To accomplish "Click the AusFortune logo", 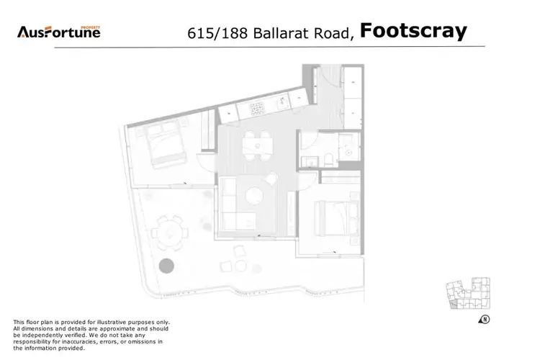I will click(x=59, y=32).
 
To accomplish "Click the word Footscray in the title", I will click(x=413, y=31).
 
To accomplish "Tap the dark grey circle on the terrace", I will click(x=167, y=265).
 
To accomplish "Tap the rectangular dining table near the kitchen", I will click(x=258, y=143).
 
